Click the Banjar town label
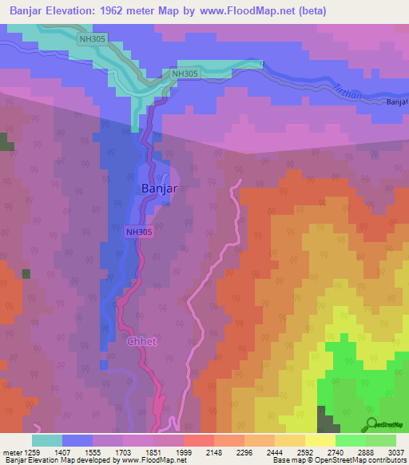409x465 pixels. [158, 189]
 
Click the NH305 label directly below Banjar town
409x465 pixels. [139, 232]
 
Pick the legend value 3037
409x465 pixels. [396, 453]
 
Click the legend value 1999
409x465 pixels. [184, 453]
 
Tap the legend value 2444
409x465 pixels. [275, 453]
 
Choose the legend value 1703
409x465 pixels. [123, 453]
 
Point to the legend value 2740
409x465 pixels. [336, 453]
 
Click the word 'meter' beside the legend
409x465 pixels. [10, 453]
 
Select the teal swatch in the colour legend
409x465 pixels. [47, 440]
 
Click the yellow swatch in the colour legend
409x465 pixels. [320, 440]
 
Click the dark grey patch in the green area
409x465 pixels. [326, 419]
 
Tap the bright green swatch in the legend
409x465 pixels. [350, 440]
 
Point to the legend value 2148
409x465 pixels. [214, 453]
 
